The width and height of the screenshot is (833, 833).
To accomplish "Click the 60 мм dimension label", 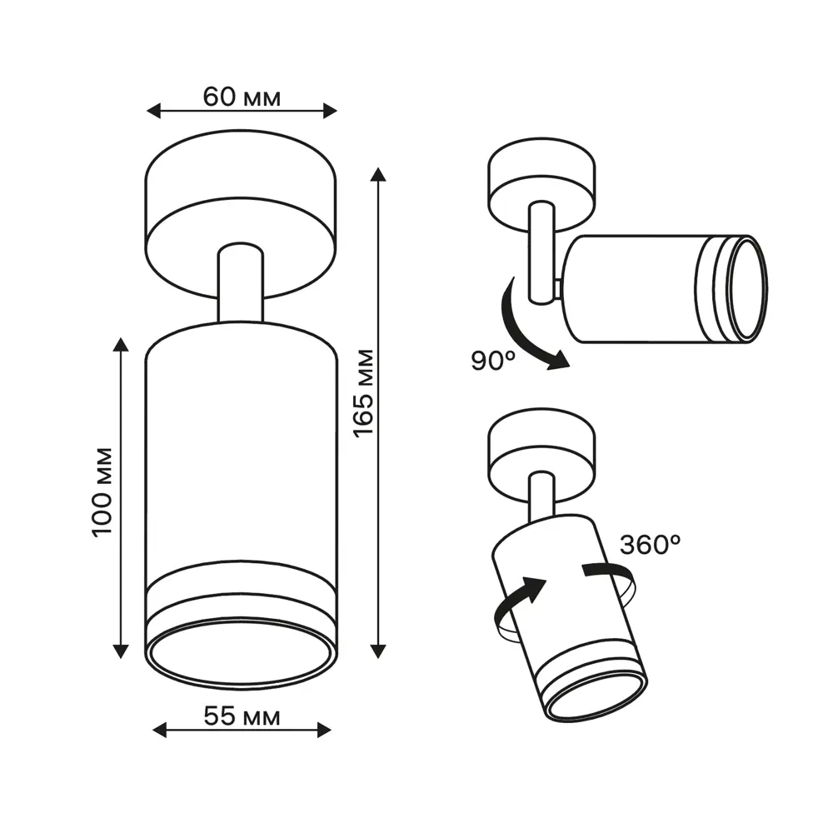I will [242, 97].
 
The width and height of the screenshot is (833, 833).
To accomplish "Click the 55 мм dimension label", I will [242, 716].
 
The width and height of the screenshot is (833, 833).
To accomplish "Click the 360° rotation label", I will [651, 545].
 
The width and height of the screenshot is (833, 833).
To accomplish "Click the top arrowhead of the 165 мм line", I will [378, 174].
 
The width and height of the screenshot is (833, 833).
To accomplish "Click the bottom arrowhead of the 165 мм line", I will [378, 651].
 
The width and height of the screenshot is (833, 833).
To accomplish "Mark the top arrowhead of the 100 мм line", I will [122, 345].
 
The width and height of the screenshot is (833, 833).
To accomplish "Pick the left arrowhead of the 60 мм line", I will [152, 110].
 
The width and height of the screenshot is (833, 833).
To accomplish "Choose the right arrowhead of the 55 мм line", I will [324, 731].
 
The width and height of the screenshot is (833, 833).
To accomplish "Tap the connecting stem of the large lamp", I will [241, 283].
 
